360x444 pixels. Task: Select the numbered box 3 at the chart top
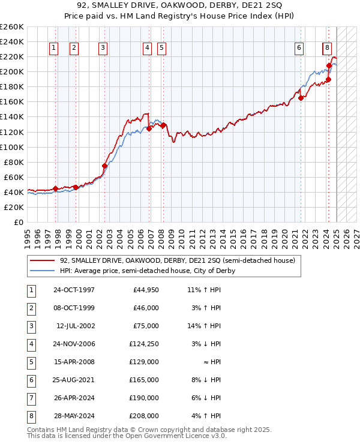(103, 49)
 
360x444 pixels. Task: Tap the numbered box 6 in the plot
(299, 49)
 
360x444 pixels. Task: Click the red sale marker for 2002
(104, 166)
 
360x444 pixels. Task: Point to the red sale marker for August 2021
(301, 98)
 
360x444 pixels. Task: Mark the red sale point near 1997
(55, 188)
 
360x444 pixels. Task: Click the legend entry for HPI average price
(147, 271)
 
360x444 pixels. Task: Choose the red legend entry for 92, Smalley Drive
(177, 261)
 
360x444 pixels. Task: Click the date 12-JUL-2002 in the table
(75, 326)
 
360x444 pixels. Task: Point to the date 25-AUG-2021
(74, 380)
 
